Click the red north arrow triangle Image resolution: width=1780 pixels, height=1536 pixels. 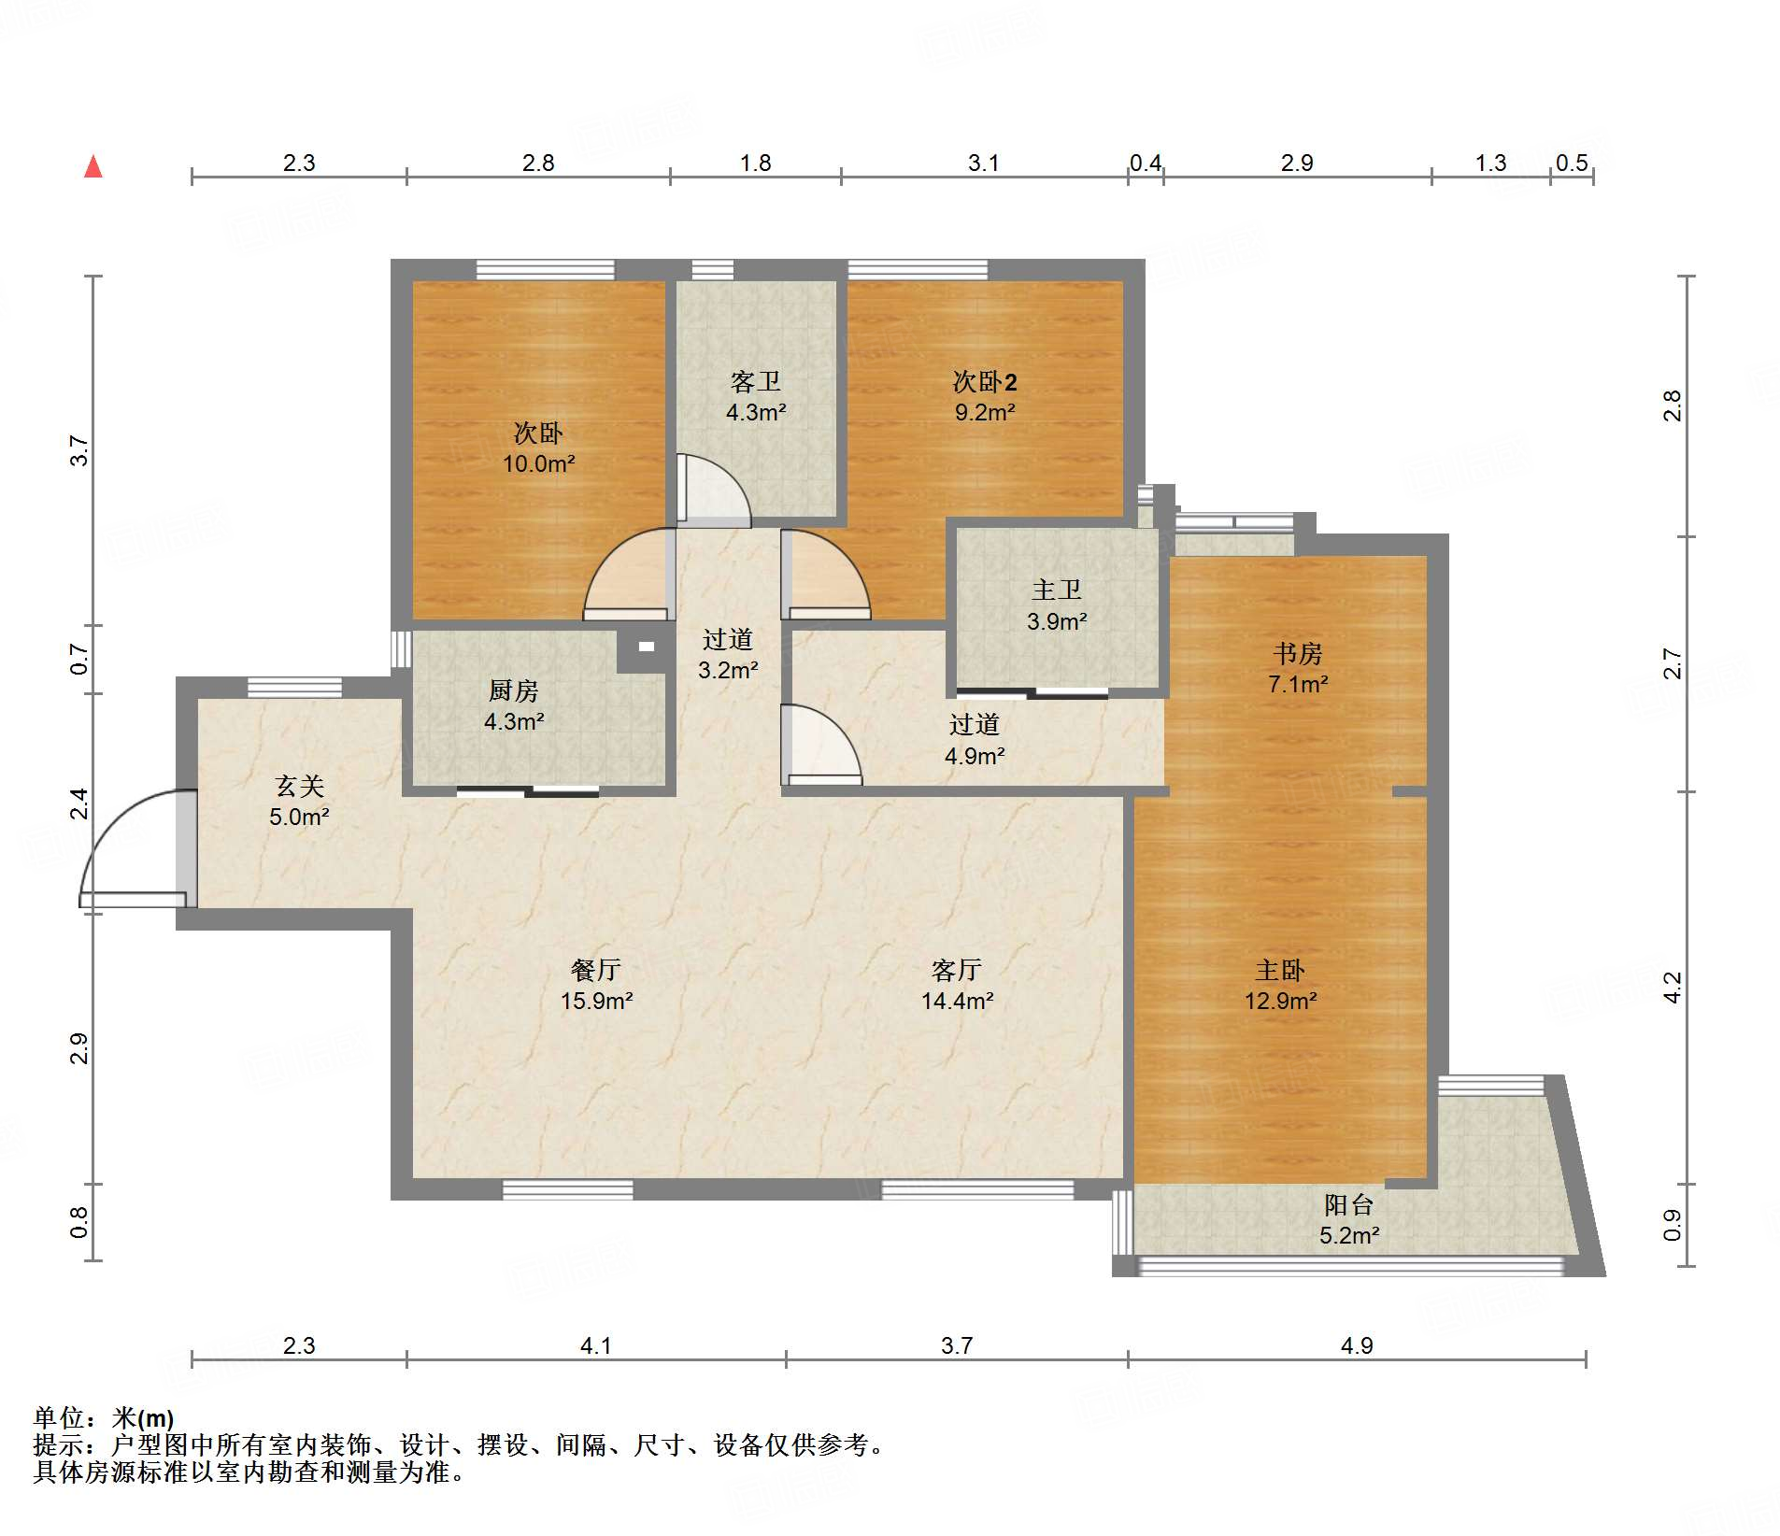coord(93,166)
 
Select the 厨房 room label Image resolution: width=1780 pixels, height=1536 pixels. coord(513,690)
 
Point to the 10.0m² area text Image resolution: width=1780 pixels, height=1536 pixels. coord(539,463)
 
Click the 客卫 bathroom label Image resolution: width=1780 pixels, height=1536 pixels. coord(756,381)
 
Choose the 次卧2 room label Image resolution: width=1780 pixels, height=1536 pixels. coord(985,381)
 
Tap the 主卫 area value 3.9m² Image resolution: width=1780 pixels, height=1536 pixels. coord(1057,621)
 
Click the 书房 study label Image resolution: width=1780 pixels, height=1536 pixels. coord(1298,653)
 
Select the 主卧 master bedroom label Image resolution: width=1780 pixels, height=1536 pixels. coord(1280,970)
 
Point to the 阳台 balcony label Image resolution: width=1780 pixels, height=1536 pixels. coord(1349,1204)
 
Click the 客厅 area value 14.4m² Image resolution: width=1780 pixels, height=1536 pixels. coord(957,1002)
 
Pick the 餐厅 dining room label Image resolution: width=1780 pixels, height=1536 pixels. coord(596,970)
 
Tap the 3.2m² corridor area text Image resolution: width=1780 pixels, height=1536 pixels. coord(728,670)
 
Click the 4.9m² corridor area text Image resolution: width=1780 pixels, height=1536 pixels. coord(975,756)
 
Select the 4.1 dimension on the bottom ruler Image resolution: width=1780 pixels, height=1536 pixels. coord(595,1345)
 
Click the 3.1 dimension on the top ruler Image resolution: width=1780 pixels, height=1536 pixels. coord(983,164)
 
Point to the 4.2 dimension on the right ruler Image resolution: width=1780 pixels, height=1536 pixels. coord(1673,988)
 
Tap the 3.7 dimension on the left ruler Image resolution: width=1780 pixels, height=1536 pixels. coord(80,450)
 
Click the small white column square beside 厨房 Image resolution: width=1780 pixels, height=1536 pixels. coord(647,646)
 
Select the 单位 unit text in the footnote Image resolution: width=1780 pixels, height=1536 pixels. coord(58,1418)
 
